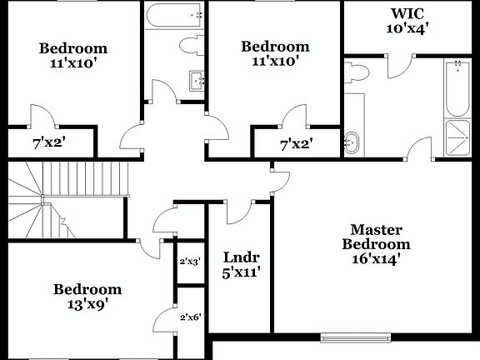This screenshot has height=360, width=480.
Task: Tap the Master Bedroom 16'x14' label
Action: tap(376, 243)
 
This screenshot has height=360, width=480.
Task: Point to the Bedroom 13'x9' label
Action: tap(87, 297)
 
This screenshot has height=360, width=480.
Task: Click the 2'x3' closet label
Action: tap(189, 262)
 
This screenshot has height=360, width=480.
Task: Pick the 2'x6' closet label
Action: tap(189, 317)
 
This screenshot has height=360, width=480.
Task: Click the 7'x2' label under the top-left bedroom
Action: tap(49, 142)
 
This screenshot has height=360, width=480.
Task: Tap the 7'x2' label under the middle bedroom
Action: tap(296, 143)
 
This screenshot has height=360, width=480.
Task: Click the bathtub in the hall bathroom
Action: tap(174, 16)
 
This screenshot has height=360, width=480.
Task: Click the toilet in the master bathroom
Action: tap(356, 74)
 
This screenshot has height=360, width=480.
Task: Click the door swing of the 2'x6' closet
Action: tap(164, 321)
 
